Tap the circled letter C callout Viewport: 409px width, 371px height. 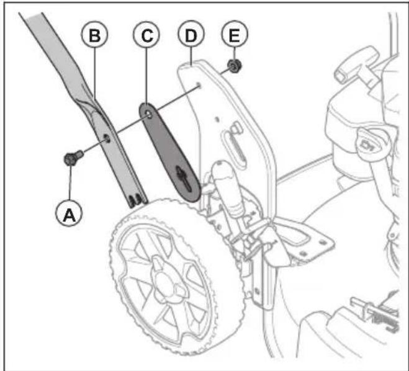[146, 36]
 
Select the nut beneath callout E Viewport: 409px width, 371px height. [234, 65]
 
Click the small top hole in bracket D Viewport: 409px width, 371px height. [197, 85]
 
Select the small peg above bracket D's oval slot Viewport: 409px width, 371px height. [237, 127]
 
